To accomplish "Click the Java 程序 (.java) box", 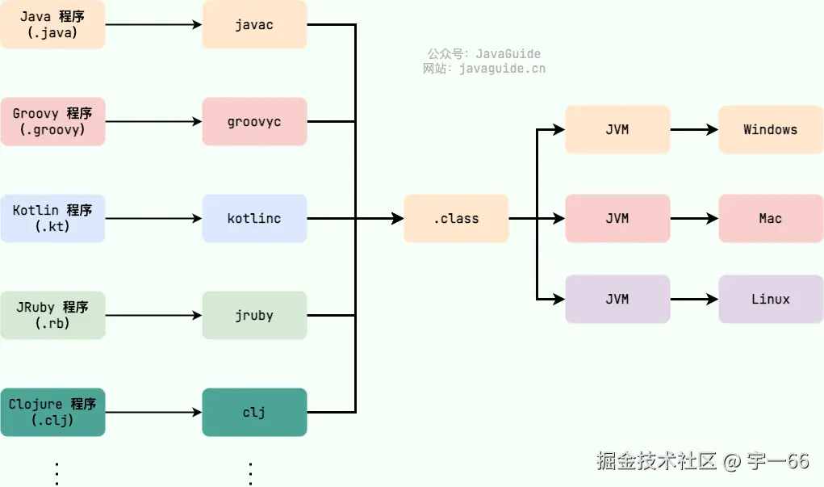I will pyautogui.click(x=52, y=25).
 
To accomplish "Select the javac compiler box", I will pyautogui.click(x=254, y=25).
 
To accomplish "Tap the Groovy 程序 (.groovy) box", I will pyautogui.click(x=52, y=122).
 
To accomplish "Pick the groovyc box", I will pyautogui.click(x=254, y=122).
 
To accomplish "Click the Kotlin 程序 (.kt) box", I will pyautogui.click(x=52, y=218).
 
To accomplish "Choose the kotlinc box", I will pyautogui.click(x=254, y=218).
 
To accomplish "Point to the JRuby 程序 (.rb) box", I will pyautogui.click(x=52, y=315).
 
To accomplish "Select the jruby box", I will pyautogui.click(x=254, y=315).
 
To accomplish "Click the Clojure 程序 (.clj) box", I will pyautogui.click(x=52, y=412).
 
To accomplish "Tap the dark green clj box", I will pyautogui.click(x=254, y=412).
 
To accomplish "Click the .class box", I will pyautogui.click(x=456, y=218).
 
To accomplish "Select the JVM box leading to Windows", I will pyautogui.click(x=617, y=129).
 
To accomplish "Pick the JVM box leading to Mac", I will pyautogui.click(x=617, y=218).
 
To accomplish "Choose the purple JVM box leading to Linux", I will pyautogui.click(x=617, y=299).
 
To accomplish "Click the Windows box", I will pyautogui.click(x=771, y=129).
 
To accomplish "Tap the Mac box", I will pyautogui.click(x=771, y=218).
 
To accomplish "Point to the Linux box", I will pyautogui.click(x=771, y=299).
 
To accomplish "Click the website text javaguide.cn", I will pyautogui.click(x=501, y=69).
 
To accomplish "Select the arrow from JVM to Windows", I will pyautogui.click(x=694, y=129).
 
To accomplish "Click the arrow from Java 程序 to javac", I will pyautogui.click(x=153, y=25).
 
